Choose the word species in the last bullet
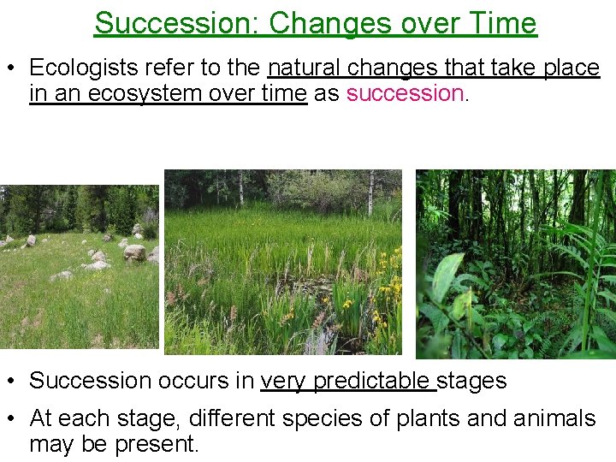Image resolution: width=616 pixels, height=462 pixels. (326, 418)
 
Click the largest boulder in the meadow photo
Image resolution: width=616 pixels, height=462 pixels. (134, 252)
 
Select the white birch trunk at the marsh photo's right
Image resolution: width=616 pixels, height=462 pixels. (370, 193)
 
